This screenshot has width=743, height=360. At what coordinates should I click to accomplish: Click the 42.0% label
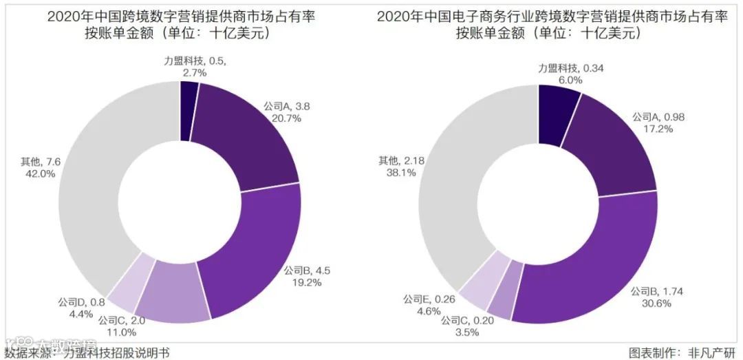pos(40,173)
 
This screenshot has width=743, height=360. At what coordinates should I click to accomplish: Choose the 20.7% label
pos(282,119)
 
